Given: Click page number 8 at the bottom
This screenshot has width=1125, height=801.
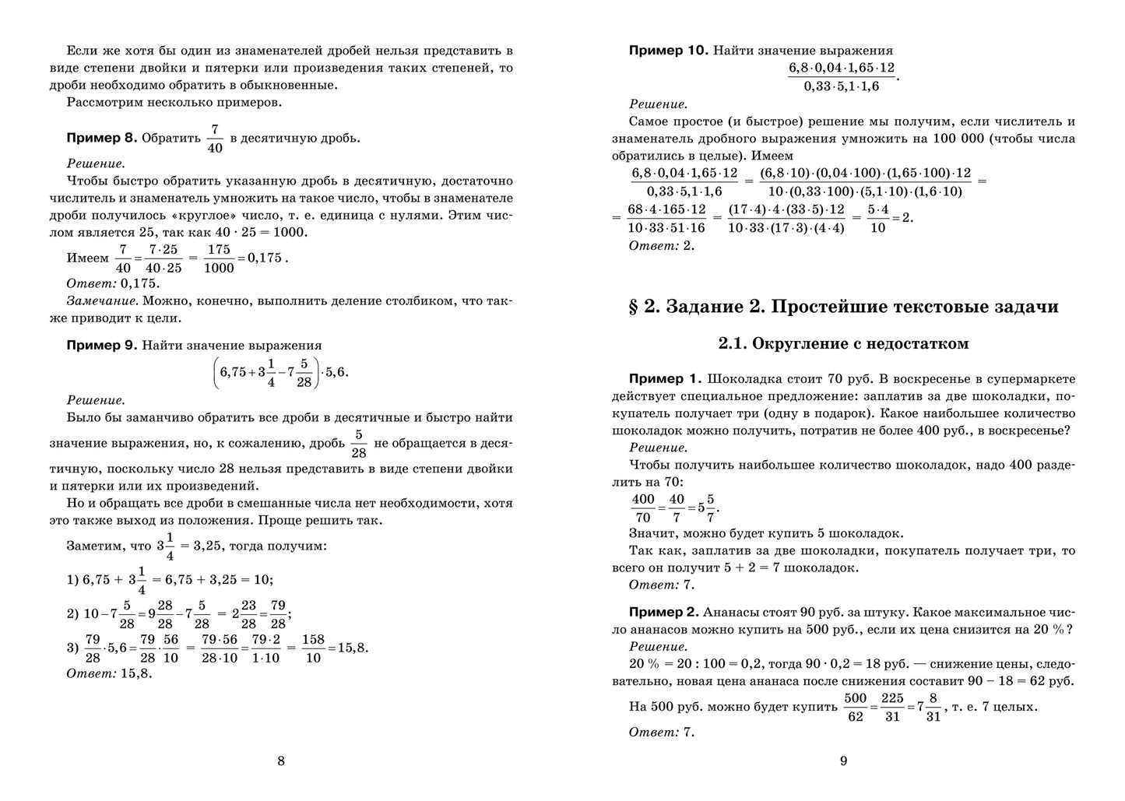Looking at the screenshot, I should [281, 761].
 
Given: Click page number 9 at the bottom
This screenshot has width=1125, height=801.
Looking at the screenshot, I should [843, 761].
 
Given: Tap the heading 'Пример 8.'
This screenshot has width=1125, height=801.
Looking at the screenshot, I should [101, 138].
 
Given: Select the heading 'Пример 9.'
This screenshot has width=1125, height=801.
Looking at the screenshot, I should [101, 345].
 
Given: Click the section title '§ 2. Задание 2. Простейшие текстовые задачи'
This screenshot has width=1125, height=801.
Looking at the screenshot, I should [843, 306].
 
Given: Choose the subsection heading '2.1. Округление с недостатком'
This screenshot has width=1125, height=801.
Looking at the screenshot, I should [843, 343].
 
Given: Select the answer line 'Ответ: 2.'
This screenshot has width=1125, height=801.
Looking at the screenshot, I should [661, 245].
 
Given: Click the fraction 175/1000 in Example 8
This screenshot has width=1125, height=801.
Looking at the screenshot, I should [219, 258].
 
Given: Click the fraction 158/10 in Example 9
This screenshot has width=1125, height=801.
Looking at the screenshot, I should [313, 648].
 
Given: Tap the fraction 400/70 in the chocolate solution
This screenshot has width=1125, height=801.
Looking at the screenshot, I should [643, 508].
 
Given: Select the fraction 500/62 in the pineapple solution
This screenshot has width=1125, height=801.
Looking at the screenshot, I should [855, 708].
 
